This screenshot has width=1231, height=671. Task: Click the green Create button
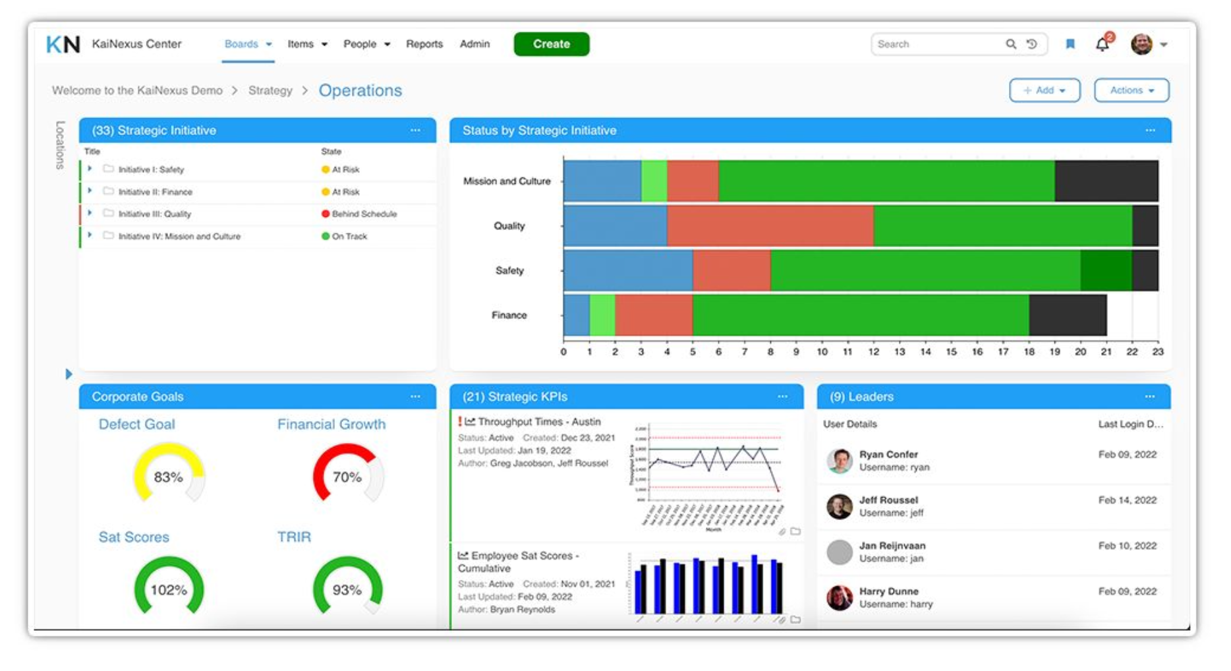(x=551, y=44)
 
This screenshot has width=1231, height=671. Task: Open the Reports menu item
(x=424, y=44)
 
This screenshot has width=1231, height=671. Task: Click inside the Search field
(x=936, y=44)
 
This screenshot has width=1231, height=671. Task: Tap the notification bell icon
(x=1102, y=44)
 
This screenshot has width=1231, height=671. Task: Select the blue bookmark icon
(x=1070, y=44)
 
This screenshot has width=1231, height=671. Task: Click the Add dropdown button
(x=1044, y=90)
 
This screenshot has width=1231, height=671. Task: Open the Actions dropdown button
(x=1131, y=90)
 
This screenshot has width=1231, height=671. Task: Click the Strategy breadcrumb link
(x=270, y=90)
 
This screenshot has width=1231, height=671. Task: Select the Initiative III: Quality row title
(x=155, y=214)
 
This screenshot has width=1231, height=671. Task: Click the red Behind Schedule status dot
(x=326, y=214)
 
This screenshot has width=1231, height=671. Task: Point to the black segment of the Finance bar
(x=1068, y=315)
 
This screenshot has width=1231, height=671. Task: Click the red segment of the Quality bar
(x=770, y=225)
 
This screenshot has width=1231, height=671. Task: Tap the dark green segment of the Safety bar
(x=1106, y=270)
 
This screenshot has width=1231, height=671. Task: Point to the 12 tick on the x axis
(x=873, y=352)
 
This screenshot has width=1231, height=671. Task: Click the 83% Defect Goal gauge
(x=169, y=475)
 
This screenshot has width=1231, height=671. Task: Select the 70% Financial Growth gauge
(x=347, y=475)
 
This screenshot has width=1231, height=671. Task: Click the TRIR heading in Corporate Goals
(x=294, y=537)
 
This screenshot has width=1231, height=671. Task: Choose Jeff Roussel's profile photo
(x=840, y=506)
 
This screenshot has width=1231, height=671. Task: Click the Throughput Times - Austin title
(x=539, y=422)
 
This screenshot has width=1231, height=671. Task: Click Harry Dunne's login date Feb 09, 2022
(x=1127, y=591)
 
